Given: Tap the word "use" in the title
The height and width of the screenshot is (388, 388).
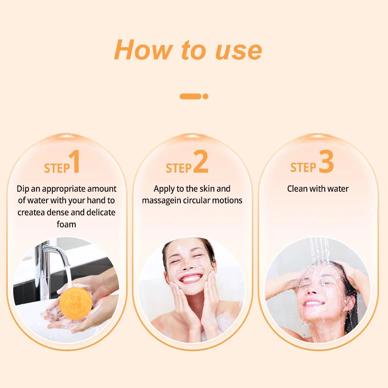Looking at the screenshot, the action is [239, 51].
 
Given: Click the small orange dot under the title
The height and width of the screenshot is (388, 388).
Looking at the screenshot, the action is [205, 96].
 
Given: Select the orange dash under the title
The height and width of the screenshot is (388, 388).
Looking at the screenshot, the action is [190, 96].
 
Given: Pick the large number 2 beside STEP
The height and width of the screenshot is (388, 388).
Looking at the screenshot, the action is [201, 161].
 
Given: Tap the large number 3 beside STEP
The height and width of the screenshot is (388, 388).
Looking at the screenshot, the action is [326, 161].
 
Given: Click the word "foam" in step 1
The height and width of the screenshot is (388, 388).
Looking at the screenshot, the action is [66, 224].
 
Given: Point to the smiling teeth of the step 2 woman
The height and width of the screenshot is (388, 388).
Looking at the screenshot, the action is [191, 278].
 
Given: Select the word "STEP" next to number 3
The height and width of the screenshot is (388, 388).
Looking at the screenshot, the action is [303, 167].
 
